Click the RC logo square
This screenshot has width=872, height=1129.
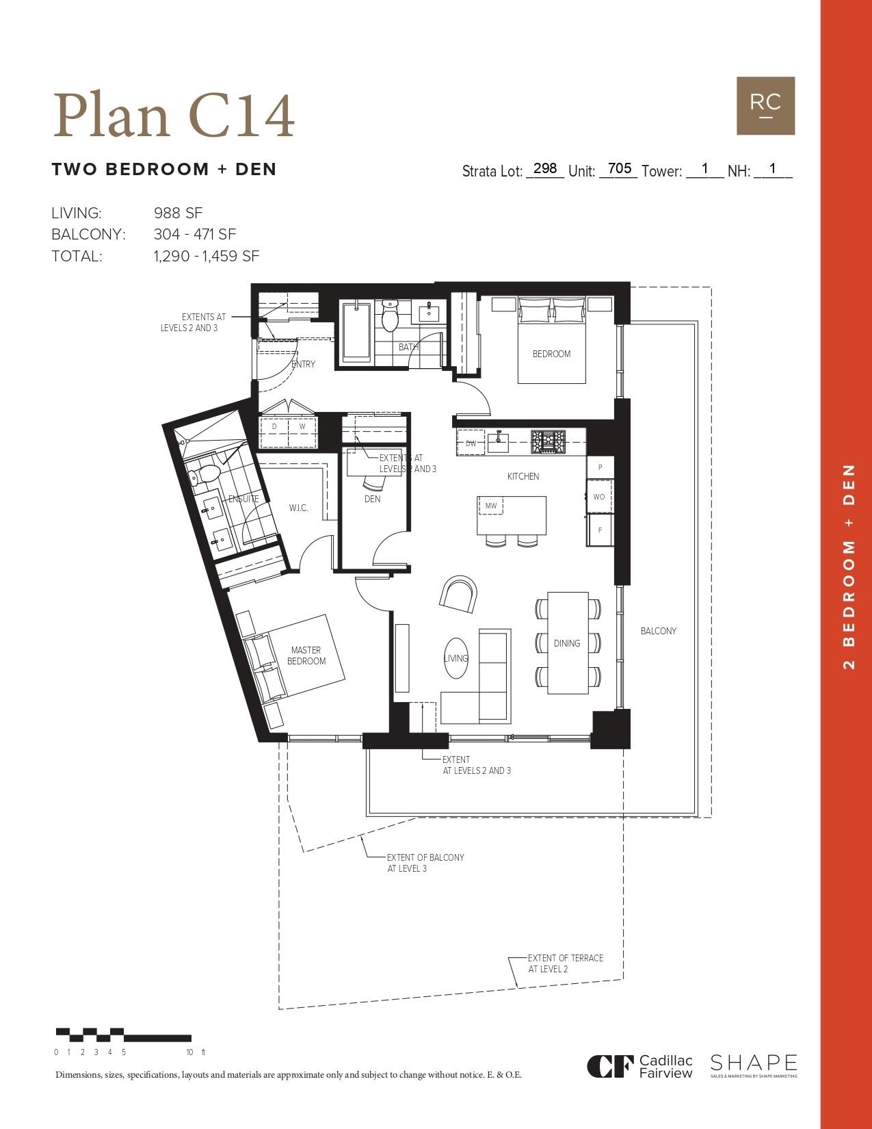click(765, 105)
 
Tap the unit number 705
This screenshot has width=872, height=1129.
click(619, 168)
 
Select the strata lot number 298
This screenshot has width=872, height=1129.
click(545, 168)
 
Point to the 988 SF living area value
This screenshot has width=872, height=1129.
click(178, 213)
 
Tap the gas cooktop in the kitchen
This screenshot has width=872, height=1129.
click(549, 441)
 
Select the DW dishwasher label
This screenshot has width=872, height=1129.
click(471, 443)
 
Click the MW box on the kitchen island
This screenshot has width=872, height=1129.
click(490, 506)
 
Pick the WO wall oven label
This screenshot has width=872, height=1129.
click(599, 497)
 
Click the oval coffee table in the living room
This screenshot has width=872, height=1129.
click(456, 658)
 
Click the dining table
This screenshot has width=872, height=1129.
click(568, 643)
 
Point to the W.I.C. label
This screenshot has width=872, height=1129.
click(298, 508)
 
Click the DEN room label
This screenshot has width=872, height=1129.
click(372, 499)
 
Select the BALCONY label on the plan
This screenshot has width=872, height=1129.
click(658, 631)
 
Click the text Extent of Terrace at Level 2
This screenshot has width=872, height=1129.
click(565, 963)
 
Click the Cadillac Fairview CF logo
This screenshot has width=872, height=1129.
click(607, 1066)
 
